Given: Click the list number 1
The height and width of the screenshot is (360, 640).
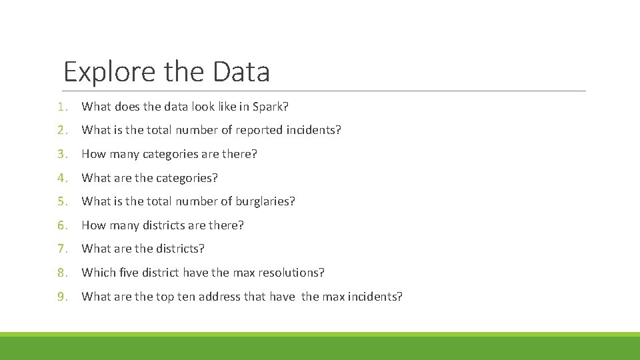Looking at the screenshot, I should click(61, 107).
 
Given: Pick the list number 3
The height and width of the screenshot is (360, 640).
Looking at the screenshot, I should click(61, 154).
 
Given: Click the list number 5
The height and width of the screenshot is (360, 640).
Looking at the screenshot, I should click(61, 201).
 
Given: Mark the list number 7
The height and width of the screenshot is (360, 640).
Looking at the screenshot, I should click(61, 249).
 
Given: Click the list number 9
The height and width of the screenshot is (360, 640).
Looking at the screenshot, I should click(61, 297).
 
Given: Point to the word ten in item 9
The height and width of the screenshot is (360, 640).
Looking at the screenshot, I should click(185, 297).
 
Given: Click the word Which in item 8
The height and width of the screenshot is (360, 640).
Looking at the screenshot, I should click(99, 273).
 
